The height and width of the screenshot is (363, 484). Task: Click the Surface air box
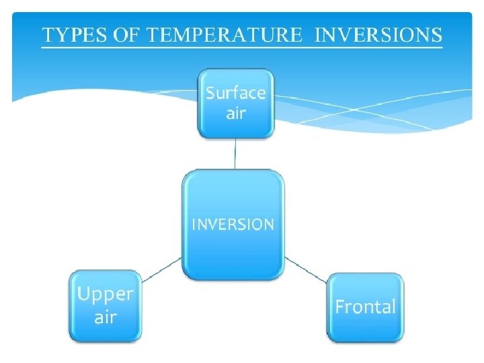pos(235,104)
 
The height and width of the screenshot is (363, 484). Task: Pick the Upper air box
pos(105,306)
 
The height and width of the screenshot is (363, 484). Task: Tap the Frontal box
pos(365,307)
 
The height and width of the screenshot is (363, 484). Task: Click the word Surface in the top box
pos(235,93)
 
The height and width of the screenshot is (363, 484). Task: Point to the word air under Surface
pos(235,113)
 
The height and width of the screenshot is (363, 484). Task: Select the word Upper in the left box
pos(105,294)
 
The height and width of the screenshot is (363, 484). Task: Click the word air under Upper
pos(105,317)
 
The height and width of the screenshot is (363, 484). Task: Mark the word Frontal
pos(365,308)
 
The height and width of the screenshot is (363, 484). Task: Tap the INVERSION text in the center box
pos(233,224)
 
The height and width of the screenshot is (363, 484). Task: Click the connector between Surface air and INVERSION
pos(235,154)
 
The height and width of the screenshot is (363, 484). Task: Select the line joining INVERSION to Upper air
pos(162,268)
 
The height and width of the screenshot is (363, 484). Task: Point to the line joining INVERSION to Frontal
pos(306,269)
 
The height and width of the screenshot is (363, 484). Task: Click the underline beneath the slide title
pos(242,47)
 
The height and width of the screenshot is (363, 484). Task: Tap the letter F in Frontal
pos(340,308)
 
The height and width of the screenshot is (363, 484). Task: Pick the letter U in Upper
pos(83,294)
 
